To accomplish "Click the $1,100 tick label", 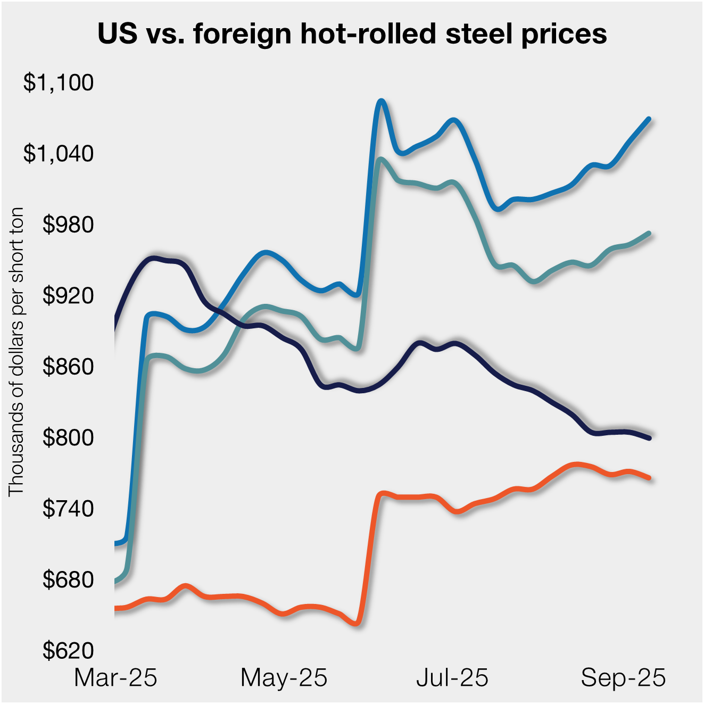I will click(x=59, y=83).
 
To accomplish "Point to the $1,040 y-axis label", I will click(x=59, y=154).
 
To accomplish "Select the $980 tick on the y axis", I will click(x=68, y=225).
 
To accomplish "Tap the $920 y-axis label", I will click(x=68, y=296).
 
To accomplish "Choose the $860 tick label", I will click(x=68, y=367).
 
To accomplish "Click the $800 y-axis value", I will click(x=68, y=438).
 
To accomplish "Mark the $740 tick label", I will click(x=68, y=509).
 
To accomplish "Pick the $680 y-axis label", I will click(x=68, y=579).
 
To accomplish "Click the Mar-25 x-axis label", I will click(x=115, y=678).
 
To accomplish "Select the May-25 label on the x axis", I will click(x=284, y=678).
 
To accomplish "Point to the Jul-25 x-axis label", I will click(x=452, y=678).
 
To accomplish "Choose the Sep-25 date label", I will click(x=623, y=678).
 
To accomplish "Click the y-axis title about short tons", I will click(x=16, y=351).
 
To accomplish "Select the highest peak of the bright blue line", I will click(x=380, y=101).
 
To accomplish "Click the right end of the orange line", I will click(x=649, y=478).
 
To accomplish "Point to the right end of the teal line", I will click(x=649, y=233).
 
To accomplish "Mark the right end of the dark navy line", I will click(x=649, y=437).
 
